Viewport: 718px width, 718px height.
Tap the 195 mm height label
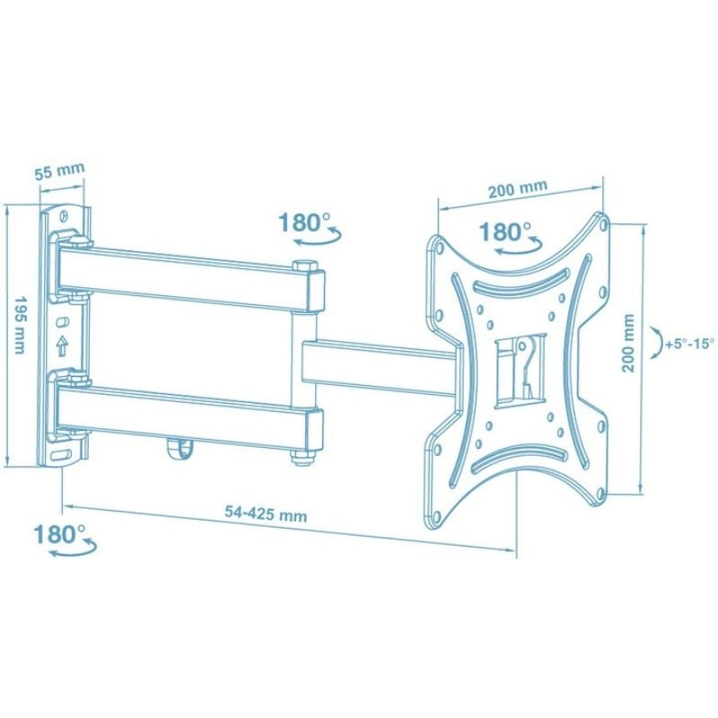(x=20, y=325)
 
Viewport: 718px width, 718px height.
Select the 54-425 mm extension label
(x=266, y=513)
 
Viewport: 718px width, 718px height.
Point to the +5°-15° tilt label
(x=690, y=344)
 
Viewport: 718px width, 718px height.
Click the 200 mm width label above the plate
(x=518, y=188)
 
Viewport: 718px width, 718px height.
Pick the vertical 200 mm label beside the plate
(x=628, y=343)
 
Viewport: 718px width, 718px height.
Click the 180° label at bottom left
(x=60, y=534)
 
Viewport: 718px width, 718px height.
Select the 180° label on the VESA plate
(x=505, y=232)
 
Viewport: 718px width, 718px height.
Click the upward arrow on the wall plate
(x=61, y=346)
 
